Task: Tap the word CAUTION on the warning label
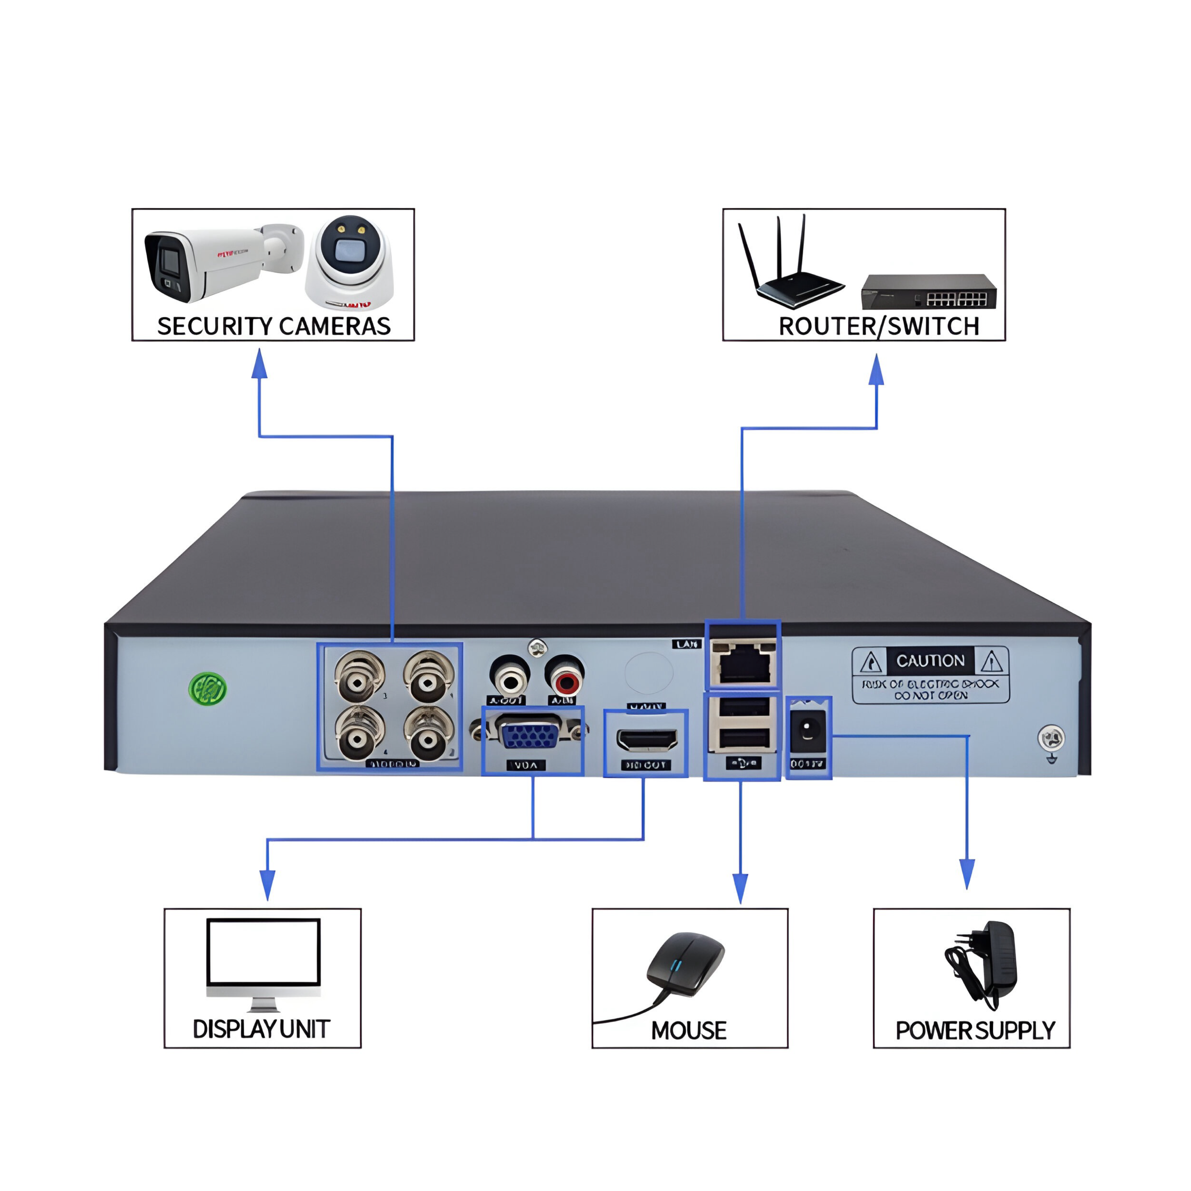coord(930,661)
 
